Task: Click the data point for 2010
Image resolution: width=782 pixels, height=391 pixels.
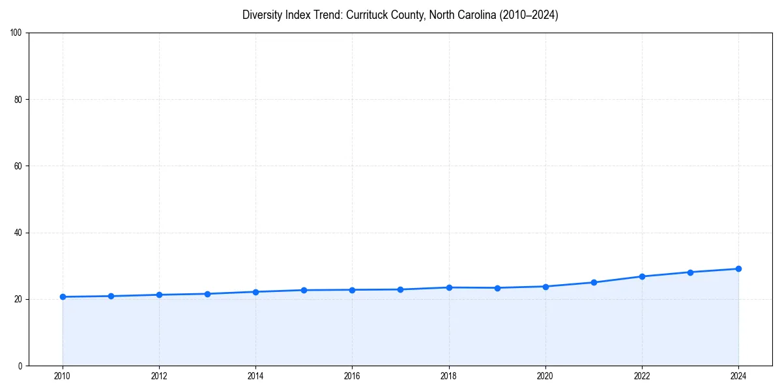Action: pyautogui.click(x=63, y=297)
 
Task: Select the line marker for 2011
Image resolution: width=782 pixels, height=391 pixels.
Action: pyautogui.click(x=111, y=296)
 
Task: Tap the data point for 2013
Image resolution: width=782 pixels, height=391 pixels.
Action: pyautogui.click(x=207, y=294)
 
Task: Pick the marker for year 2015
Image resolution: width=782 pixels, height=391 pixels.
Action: pyautogui.click(x=304, y=290)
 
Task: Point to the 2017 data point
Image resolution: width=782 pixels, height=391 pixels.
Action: pyautogui.click(x=400, y=289)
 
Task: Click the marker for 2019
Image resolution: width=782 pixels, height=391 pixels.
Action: pyautogui.click(x=497, y=287)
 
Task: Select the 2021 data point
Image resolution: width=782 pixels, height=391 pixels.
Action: pyautogui.click(x=594, y=282)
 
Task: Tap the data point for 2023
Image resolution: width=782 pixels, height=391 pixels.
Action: pyautogui.click(x=690, y=272)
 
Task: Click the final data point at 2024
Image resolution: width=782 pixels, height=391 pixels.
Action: pyautogui.click(x=738, y=268)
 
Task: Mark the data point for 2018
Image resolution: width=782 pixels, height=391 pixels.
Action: pyautogui.click(x=449, y=287)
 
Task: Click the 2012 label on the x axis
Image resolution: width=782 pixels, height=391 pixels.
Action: pyautogui.click(x=159, y=376)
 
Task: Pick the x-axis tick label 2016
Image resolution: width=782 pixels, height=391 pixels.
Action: pyautogui.click(x=352, y=376)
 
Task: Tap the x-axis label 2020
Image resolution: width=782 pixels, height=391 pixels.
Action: pyautogui.click(x=545, y=376)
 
